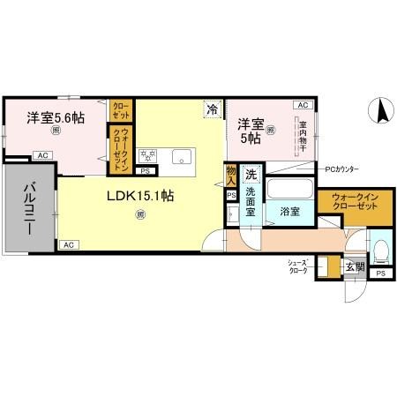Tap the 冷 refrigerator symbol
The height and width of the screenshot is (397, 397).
pos(212,109)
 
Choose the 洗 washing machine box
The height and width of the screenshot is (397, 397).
pos(251,174)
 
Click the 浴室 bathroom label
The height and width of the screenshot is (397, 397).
pos(291,212)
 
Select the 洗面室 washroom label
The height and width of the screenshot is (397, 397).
pos(256,200)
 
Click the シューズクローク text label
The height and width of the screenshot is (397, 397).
pos(296,266)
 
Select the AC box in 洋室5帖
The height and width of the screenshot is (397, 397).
pos(303,104)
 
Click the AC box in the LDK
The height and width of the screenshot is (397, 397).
pos(69,244)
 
